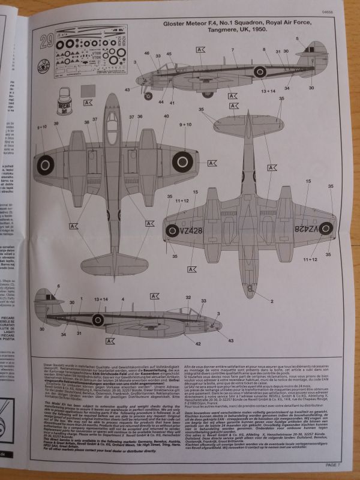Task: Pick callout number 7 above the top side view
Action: [x=233, y=49]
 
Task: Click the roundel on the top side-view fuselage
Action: [x=260, y=72]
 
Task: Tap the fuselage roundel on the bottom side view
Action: [x=97, y=319]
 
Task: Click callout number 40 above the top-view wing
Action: [x=166, y=116]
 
